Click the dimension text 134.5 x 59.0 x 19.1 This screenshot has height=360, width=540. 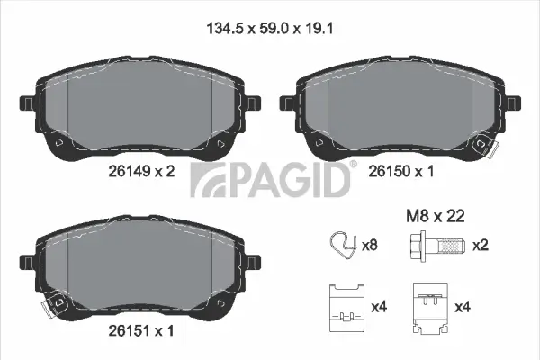tap(269, 28)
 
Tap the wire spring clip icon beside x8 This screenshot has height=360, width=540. tap(342, 245)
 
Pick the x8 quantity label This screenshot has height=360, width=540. tap(369, 245)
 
